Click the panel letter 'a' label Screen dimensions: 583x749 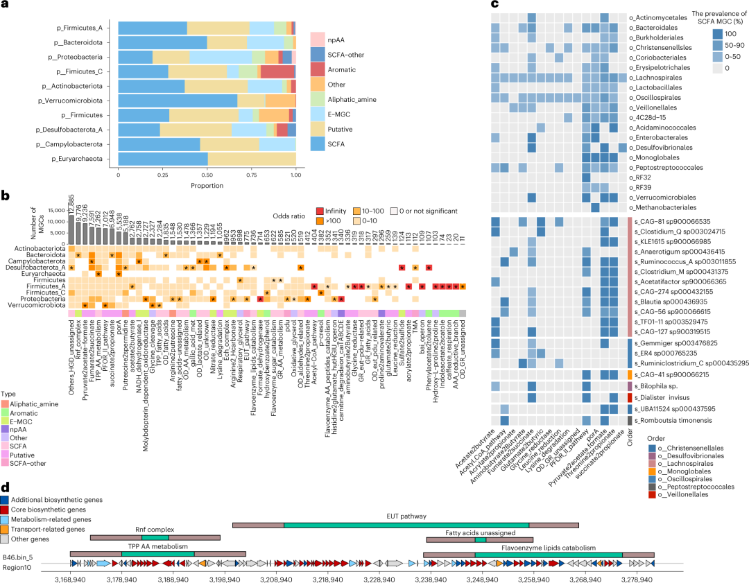[5, 6]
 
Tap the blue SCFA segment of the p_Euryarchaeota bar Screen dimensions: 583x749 [163, 159]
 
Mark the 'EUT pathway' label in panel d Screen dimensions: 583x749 [406, 516]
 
